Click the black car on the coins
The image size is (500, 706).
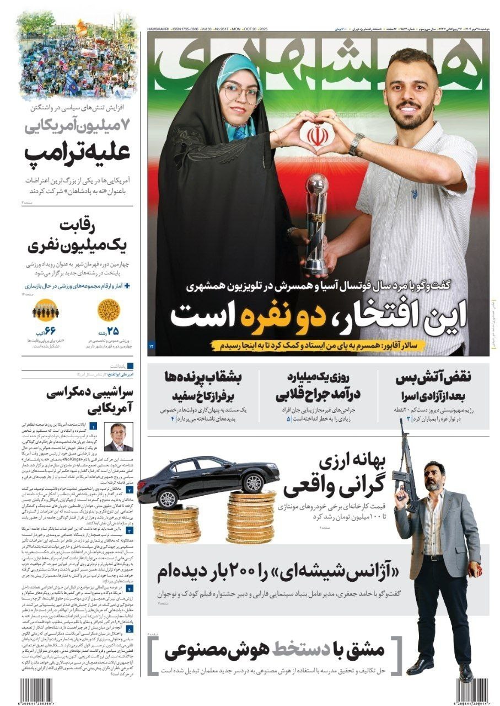pyautogui.click(x=208, y=476)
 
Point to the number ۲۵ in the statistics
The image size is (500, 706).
pyautogui.click(x=112, y=332)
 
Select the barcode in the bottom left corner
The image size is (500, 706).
pyautogui.click(x=38, y=690)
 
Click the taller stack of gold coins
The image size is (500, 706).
pyautogui.click(x=251, y=516)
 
